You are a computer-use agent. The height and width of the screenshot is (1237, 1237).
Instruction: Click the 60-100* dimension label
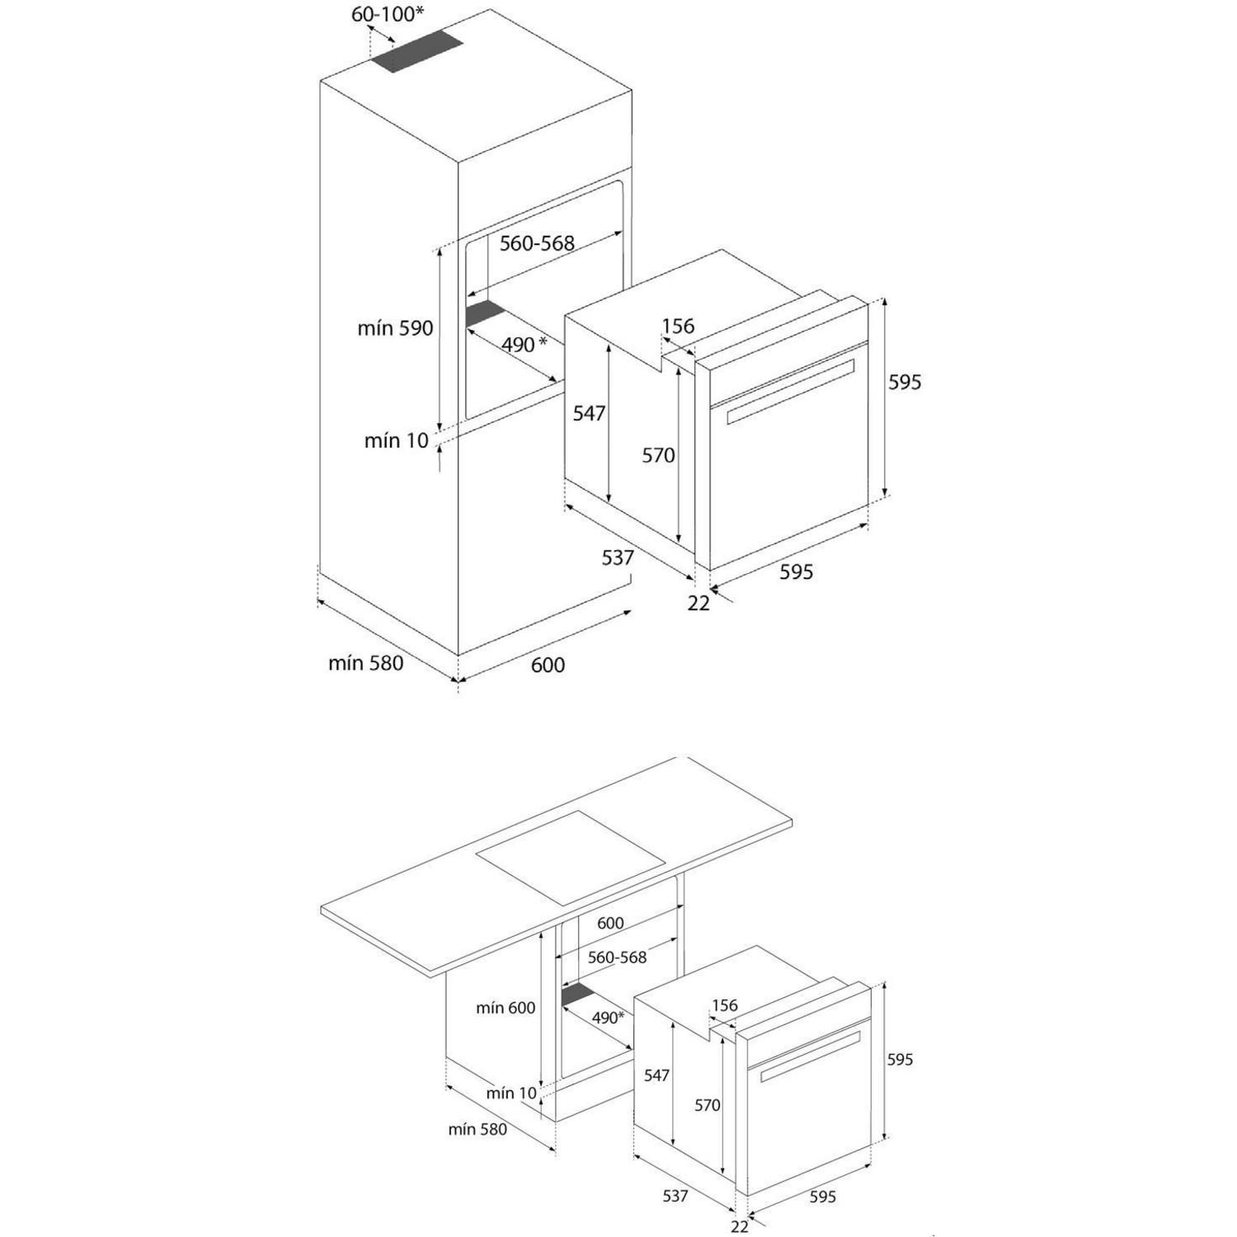click(388, 14)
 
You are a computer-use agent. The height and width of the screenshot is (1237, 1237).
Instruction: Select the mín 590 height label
click(395, 328)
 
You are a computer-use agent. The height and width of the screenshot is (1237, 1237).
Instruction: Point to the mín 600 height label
click(506, 1008)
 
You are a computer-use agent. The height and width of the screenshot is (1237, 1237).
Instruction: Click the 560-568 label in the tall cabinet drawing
click(537, 243)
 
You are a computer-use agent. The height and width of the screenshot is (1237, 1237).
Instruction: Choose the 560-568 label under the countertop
click(617, 957)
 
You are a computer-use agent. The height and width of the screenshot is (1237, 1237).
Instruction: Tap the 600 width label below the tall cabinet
click(548, 665)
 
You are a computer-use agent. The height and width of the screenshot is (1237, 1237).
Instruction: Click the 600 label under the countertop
click(610, 924)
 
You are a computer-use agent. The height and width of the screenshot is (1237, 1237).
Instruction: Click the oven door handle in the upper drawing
click(790, 393)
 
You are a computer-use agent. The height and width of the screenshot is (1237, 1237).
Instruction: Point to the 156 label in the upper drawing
click(679, 326)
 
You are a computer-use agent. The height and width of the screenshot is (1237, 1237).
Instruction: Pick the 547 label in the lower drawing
click(657, 1075)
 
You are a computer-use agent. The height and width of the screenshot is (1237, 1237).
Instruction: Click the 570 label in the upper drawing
click(659, 455)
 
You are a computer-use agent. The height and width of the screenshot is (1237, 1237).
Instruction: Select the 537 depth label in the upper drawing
click(618, 557)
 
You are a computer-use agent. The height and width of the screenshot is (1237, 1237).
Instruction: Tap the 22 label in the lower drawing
click(740, 1227)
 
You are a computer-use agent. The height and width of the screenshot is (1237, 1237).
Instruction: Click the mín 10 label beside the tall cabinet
click(397, 440)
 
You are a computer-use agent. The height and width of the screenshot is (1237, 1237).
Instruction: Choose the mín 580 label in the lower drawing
click(477, 1130)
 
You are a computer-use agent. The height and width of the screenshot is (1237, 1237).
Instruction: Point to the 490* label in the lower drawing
click(608, 1018)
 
